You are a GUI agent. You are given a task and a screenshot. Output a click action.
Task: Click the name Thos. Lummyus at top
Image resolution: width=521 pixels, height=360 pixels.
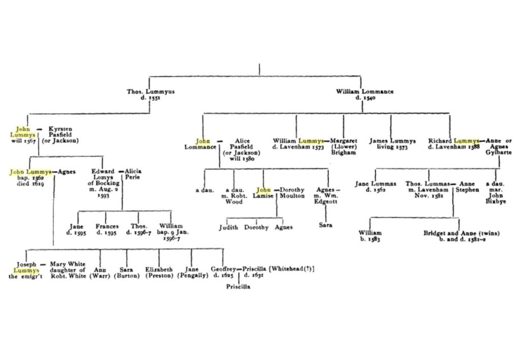pos(151,92)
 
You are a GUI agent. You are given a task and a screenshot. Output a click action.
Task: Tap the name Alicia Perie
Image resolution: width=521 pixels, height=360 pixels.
pos(133,175)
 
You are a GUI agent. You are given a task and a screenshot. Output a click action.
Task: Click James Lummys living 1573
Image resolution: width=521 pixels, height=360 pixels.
pos(392,144)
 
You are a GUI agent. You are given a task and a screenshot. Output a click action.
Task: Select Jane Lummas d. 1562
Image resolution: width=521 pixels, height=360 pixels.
pos(375,186)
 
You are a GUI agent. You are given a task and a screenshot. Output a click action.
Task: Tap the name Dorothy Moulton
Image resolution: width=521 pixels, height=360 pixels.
pos(292,193)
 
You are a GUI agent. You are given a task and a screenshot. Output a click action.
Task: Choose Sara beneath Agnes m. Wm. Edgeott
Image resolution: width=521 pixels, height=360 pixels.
pos(326,225)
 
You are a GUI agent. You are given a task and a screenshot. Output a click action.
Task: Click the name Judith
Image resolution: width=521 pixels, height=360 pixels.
pos(228,227)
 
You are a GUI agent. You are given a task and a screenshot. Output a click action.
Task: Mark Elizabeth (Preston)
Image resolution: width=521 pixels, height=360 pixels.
pos(159,272)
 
